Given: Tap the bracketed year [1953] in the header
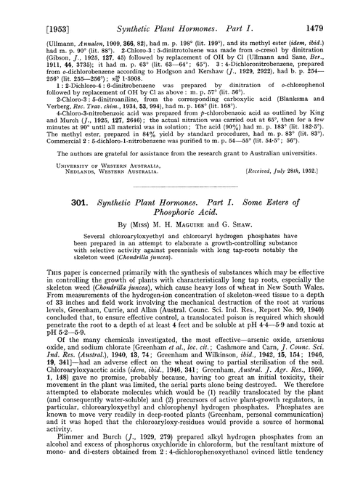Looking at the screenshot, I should (x=28, y=8).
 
